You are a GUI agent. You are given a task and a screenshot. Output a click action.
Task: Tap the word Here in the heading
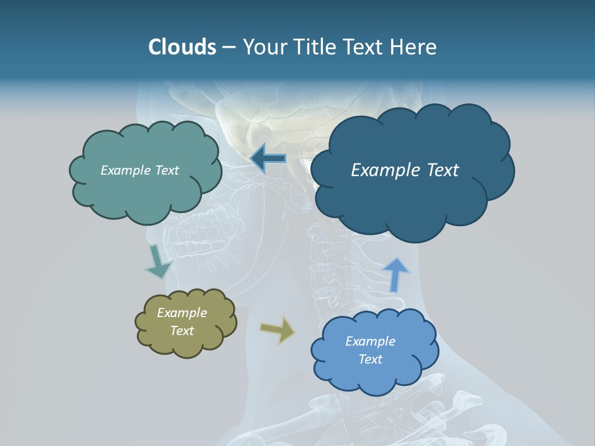click(415, 47)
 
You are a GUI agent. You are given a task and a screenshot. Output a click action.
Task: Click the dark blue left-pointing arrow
click(268, 159)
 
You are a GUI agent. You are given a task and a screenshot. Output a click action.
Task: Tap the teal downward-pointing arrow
click(158, 261)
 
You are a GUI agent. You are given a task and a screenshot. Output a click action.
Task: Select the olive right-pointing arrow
click(278, 330)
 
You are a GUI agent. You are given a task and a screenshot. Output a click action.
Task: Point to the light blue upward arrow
click(395, 274)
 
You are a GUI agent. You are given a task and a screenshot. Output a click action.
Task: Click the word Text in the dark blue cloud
click(438, 170)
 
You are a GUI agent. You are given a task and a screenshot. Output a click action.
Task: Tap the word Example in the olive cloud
click(182, 313)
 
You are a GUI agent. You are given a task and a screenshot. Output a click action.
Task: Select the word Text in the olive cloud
click(182, 331)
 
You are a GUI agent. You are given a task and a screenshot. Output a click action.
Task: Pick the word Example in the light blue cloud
click(370, 341)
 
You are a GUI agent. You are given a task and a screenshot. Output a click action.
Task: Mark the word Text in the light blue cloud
click(371, 359)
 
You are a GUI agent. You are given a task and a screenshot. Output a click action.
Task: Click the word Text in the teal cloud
click(165, 170)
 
